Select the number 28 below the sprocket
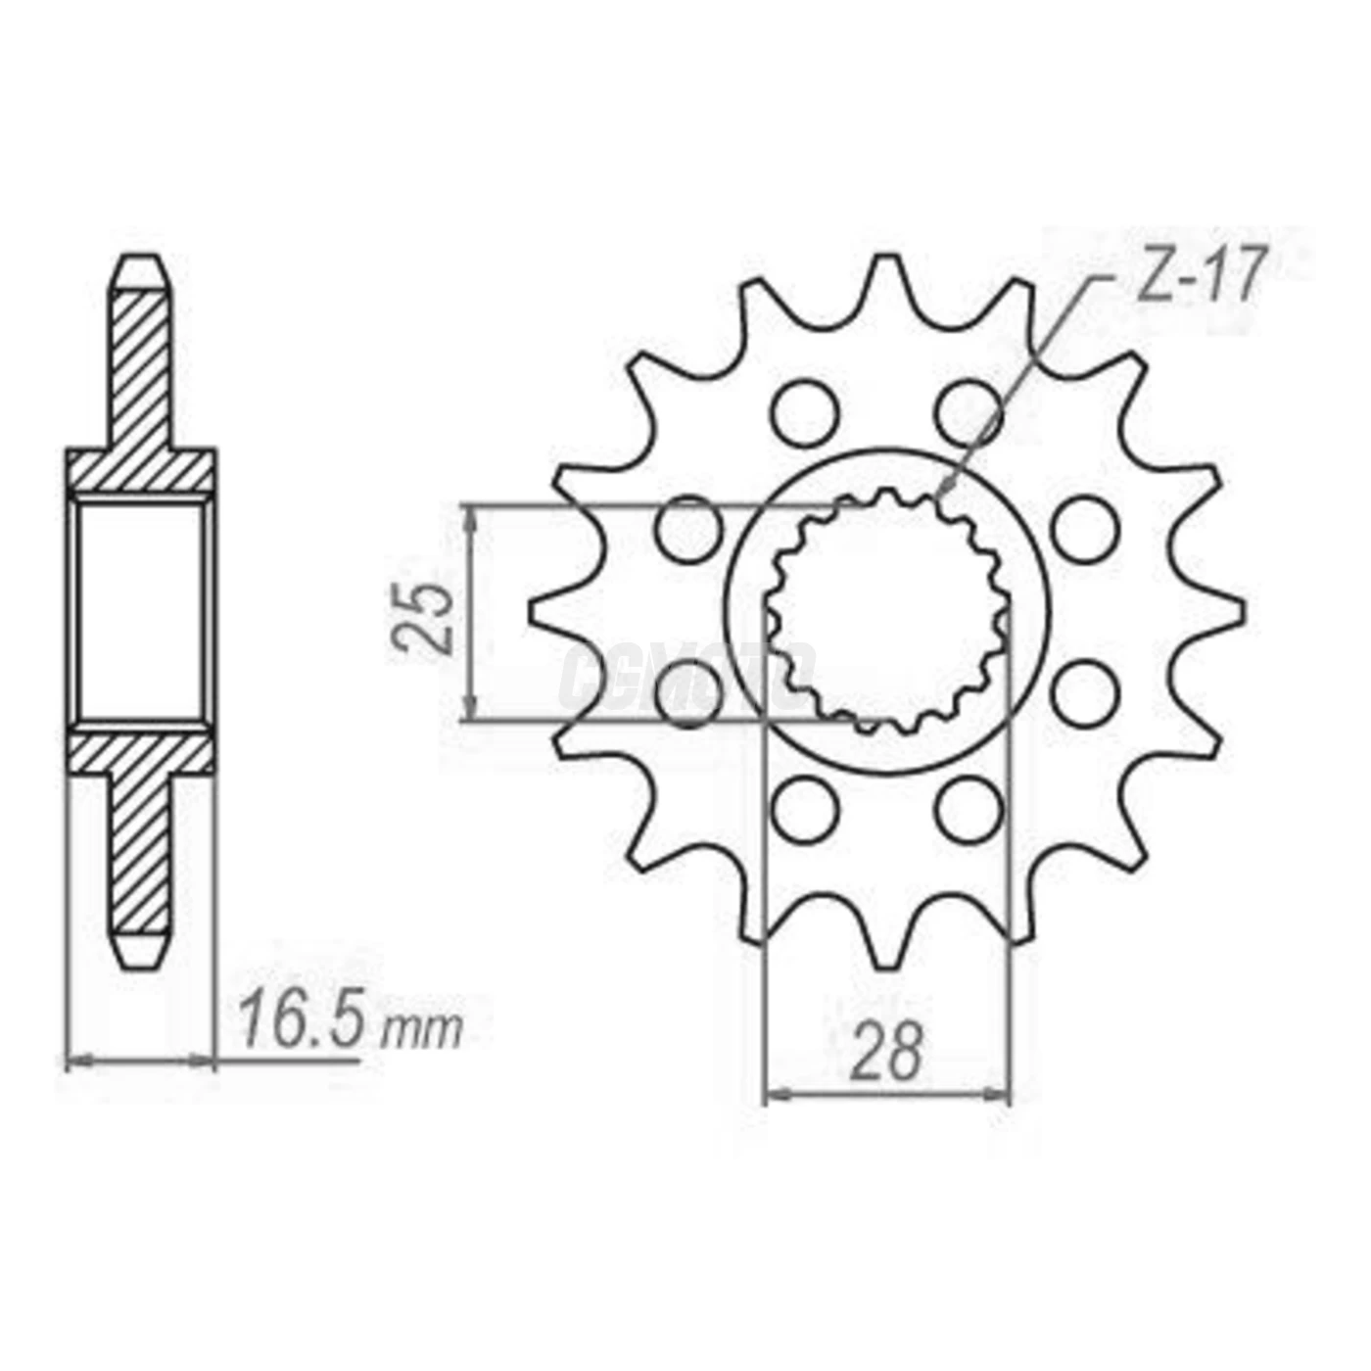pyautogui.click(x=886, y=1051)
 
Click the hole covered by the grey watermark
pyautogui.click(x=690, y=693)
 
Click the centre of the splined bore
pyautogui.click(x=886, y=612)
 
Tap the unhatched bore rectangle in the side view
pyautogui.click(x=140, y=612)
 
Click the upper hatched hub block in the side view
pyautogui.click(x=140, y=472)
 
